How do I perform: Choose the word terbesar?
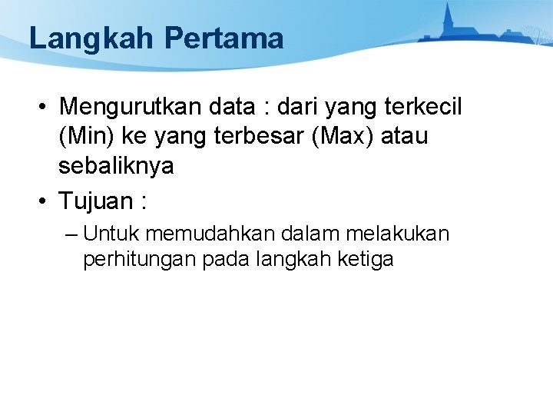[260, 136]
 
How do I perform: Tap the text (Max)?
[350, 136]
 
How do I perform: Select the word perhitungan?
[140, 260]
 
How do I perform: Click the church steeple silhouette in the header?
[448, 15]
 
